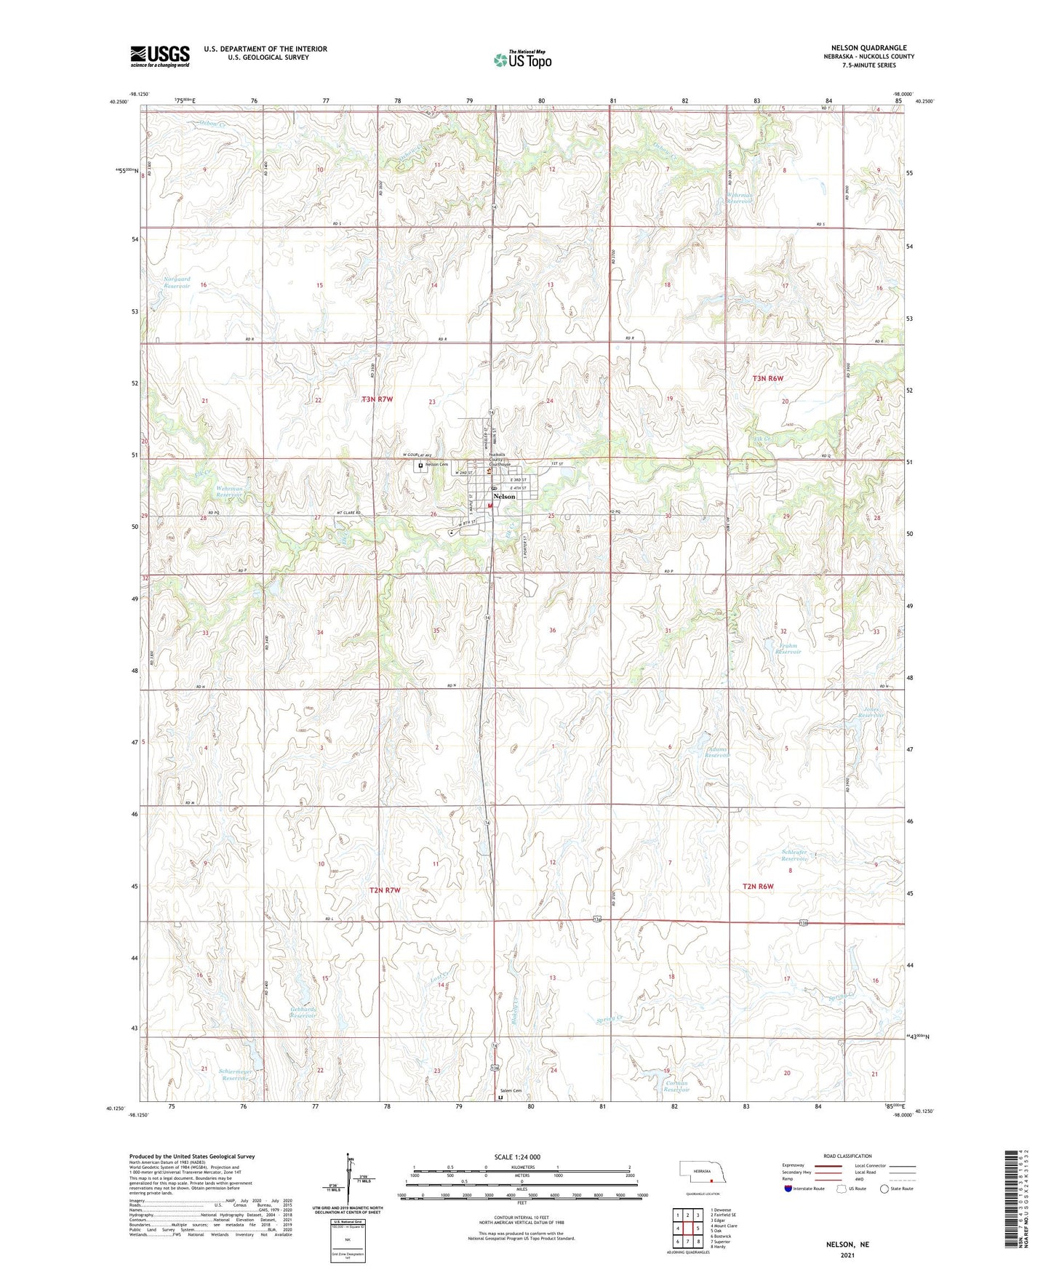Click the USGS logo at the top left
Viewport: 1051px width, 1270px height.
(x=160, y=56)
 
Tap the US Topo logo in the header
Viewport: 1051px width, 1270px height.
(x=522, y=60)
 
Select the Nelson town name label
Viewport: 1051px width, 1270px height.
(x=504, y=497)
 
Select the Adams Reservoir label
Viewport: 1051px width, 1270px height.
(x=716, y=752)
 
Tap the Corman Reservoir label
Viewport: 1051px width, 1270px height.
(x=676, y=1086)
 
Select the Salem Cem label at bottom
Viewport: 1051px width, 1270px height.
(x=511, y=1091)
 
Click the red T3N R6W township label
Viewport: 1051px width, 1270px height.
(x=767, y=378)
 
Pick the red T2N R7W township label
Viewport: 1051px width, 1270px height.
(x=385, y=890)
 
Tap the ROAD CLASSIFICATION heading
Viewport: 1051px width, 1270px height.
(x=847, y=1156)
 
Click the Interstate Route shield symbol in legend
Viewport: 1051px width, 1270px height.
(x=789, y=1189)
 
